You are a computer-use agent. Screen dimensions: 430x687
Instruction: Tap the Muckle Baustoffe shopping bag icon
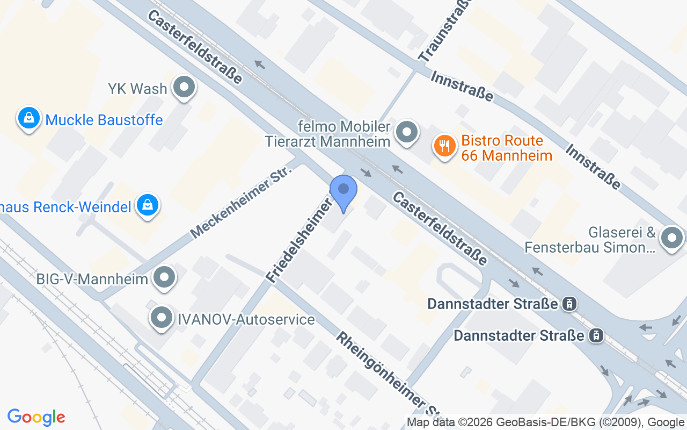click(x=29, y=118)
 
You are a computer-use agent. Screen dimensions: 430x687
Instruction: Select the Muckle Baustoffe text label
click(x=104, y=119)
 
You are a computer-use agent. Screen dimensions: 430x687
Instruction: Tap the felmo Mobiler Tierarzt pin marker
click(x=407, y=132)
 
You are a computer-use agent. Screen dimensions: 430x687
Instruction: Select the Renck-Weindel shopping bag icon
click(x=147, y=205)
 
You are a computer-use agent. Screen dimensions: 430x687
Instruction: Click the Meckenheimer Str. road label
click(x=241, y=202)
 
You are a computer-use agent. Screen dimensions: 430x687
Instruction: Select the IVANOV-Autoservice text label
click(x=246, y=320)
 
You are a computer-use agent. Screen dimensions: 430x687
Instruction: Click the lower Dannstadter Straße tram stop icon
click(x=595, y=336)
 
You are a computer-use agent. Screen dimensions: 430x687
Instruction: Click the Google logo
click(x=36, y=417)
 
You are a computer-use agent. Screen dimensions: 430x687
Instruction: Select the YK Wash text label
click(x=137, y=89)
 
